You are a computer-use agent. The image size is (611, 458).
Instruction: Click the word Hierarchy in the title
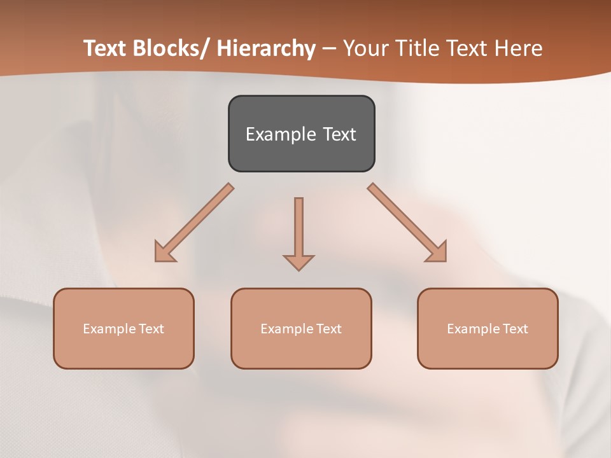266,49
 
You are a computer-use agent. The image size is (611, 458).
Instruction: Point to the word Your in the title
365,49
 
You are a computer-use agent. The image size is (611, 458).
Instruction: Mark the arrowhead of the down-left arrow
163,253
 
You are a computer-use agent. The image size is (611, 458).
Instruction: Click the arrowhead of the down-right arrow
439,253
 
